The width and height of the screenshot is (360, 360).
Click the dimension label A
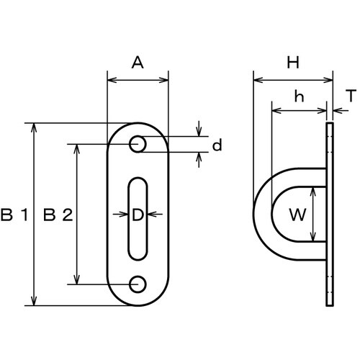(138, 63)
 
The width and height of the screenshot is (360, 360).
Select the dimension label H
(293, 63)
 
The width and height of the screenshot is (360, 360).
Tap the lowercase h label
(300, 96)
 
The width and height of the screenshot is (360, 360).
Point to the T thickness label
(351, 96)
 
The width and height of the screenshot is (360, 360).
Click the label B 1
(14, 215)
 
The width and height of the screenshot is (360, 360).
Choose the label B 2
(58, 215)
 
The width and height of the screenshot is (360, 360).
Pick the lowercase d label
(217, 145)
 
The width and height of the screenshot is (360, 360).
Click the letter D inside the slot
(138, 215)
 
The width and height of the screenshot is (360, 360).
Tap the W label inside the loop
(297, 215)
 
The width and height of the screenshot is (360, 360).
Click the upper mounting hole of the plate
(138, 144)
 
